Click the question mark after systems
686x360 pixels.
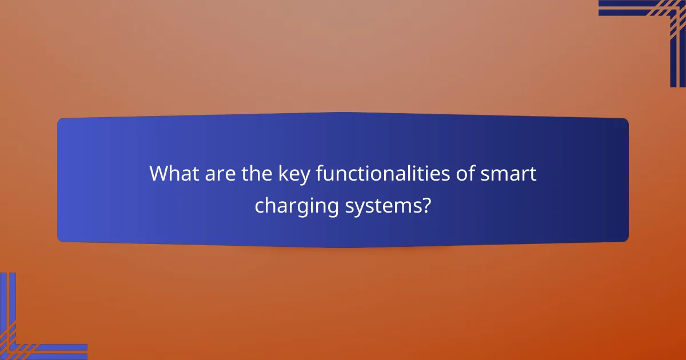pyautogui.click(x=426, y=205)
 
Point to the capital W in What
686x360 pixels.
pyautogui.click(x=159, y=174)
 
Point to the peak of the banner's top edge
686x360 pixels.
pyautogui.click(x=343, y=113)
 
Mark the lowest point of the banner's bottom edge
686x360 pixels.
pyautogui.click(x=343, y=247)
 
